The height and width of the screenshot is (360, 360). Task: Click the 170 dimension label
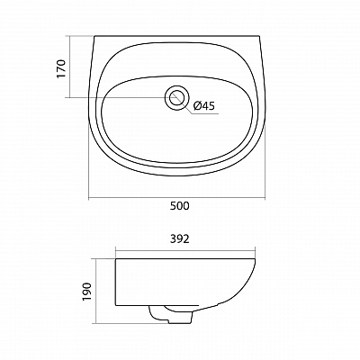[61, 68]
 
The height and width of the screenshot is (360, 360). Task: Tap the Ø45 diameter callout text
[204, 105]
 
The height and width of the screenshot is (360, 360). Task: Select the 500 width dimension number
[180, 206]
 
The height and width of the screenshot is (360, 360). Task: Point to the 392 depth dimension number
[180, 238]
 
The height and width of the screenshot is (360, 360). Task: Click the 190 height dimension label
[86, 292]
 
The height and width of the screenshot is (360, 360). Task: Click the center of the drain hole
[176, 98]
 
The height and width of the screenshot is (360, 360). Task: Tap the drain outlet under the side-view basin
[171, 314]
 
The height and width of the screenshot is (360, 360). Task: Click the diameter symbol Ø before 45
[197, 105]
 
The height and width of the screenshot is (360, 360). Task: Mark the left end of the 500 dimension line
[89, 198]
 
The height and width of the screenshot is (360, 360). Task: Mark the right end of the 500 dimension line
[265, 198]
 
